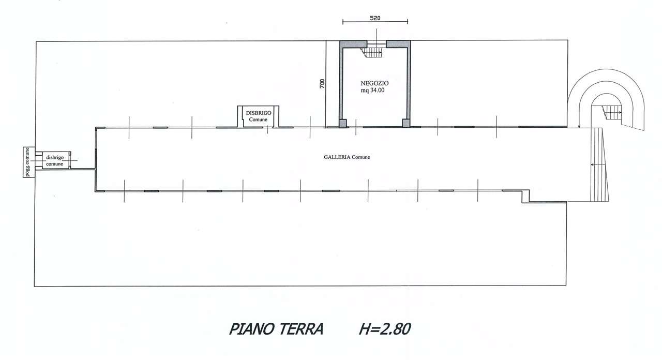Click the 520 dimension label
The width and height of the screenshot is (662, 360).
pos(375,18)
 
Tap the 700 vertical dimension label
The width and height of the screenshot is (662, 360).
pos(322,83)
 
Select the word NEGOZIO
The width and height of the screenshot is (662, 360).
pos(374,83)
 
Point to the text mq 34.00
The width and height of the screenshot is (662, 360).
pos(372,91)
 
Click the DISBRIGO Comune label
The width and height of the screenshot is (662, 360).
pos(259,116)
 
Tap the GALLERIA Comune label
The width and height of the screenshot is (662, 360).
pos(347,157)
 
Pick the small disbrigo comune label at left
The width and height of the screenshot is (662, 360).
pos(55,161)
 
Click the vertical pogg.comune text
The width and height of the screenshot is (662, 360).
pos(27,162)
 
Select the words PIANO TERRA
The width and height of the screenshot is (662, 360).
pos(276,329)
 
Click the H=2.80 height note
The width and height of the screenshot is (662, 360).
pos(385,329)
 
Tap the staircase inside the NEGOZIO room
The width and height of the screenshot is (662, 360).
pos(371,53)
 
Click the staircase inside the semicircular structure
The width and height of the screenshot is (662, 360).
pos(612,113)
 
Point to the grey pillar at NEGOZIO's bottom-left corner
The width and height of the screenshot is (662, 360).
pos(343,123)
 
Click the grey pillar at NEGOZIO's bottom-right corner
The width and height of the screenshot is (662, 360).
pos(406,123)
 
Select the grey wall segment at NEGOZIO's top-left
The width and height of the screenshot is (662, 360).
pos(353,44)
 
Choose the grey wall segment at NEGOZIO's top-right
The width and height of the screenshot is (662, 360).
pos(398,44)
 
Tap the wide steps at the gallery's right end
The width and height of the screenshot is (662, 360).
pos(599,164)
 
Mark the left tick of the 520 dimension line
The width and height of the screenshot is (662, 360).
pos(343,22)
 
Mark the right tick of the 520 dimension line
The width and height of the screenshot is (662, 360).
pos(408,21)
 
